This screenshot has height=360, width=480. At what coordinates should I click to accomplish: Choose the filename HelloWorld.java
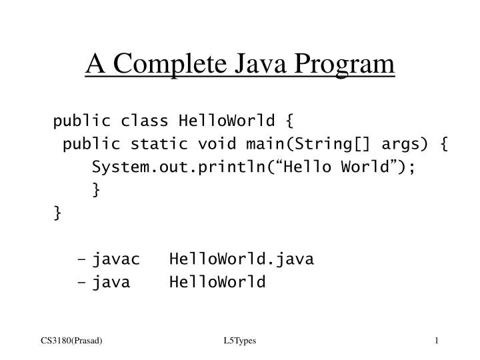tap(241, 259)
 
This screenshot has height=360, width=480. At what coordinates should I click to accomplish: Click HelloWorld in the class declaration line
tap(217, 121)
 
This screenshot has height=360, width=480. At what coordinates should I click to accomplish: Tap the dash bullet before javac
tap(82, 259)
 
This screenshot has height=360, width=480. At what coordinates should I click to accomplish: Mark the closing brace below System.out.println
tap(97, 190)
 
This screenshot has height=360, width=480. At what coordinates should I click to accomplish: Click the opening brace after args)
tap(443, 143)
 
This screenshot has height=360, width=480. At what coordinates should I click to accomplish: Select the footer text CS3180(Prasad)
tap(71, 341)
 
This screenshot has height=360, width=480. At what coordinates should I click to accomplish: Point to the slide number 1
tap(436, 341)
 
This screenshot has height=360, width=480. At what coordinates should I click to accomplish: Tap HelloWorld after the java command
tap(217, 282)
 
